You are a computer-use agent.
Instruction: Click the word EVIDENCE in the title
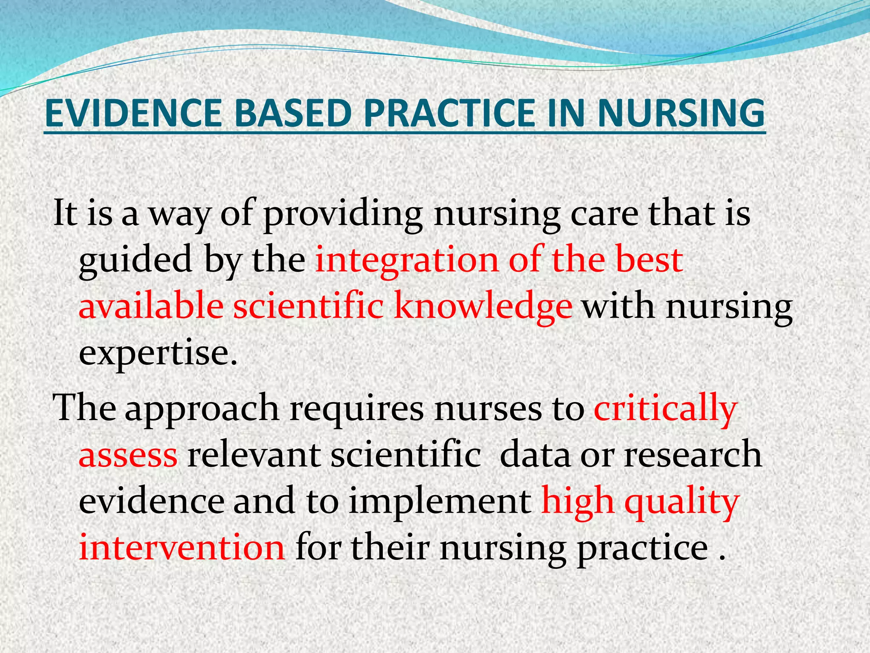pos(133,113)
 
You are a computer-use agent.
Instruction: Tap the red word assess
pos(128,455)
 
